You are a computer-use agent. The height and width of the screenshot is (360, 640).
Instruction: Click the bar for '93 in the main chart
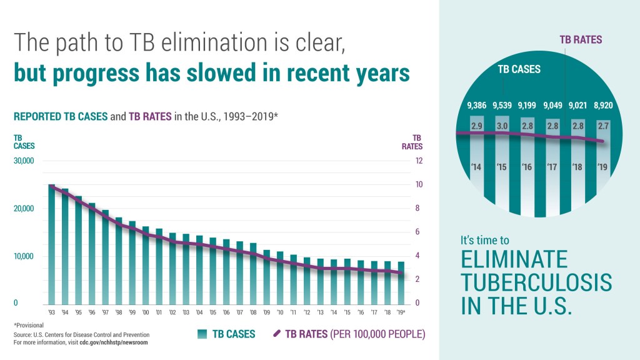52,244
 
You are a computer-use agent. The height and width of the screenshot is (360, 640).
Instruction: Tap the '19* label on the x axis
401,312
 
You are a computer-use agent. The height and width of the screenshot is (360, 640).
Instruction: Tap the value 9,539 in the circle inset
504,105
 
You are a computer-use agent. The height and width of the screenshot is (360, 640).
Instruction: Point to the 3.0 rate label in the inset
502,126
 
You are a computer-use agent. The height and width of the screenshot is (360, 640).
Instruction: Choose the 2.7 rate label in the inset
603,126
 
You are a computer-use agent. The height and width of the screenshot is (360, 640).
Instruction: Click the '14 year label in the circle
476,167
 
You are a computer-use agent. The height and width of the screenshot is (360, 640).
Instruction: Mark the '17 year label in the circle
552,167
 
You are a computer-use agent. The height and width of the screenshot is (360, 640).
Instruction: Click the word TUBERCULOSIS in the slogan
536,282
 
